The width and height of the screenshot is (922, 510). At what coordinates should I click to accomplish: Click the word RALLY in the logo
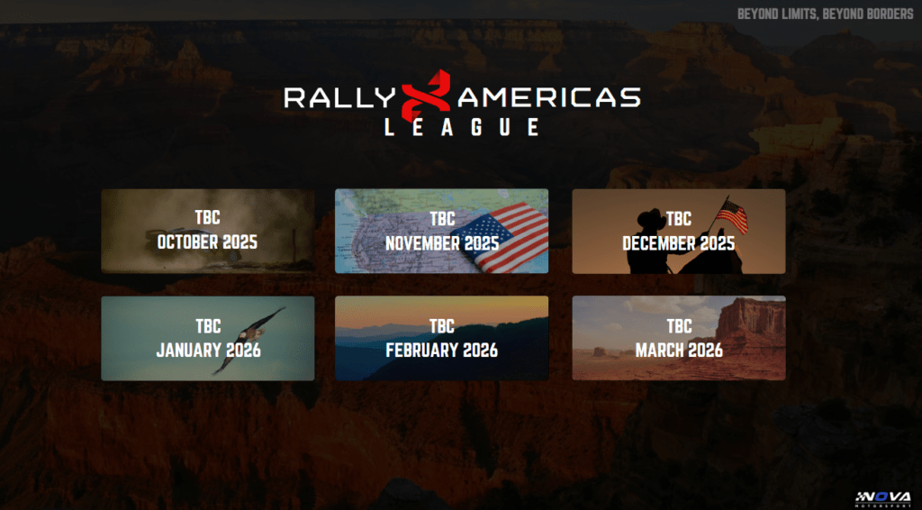339,97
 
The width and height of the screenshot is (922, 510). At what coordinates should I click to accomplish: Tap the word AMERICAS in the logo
549,97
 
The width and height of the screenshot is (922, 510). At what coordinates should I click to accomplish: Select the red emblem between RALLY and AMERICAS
426,95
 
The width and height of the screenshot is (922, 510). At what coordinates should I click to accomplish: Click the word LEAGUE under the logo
462,128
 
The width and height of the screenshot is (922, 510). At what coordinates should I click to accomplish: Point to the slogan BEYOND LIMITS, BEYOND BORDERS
825,14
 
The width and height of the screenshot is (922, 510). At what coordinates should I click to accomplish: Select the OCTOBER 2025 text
207,241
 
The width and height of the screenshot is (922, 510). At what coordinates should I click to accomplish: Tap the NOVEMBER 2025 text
442,243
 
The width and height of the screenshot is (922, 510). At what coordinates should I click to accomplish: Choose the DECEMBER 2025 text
679,243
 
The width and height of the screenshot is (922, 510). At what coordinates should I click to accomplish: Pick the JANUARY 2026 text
208,351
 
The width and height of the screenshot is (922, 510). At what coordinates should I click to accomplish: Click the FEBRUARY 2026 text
441,351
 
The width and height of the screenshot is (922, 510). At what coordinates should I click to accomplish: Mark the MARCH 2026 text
679,351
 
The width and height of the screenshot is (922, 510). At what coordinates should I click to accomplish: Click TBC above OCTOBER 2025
208,218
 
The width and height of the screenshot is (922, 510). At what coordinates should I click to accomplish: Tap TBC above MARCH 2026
679,326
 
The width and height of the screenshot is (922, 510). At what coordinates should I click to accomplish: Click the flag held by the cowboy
733,216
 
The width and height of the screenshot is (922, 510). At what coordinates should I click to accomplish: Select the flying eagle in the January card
249,340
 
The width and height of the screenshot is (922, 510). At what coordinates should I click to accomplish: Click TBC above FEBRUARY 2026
441,326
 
